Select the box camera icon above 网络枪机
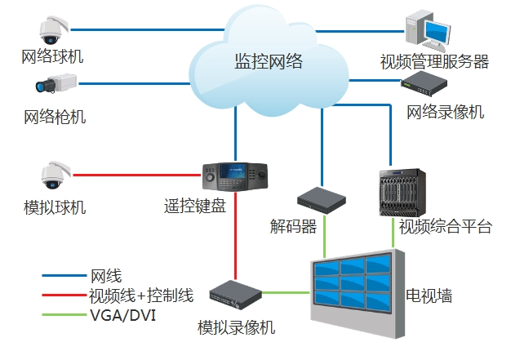(54, 83)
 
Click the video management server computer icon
(429, 27)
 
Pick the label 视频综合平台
(445, 226)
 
